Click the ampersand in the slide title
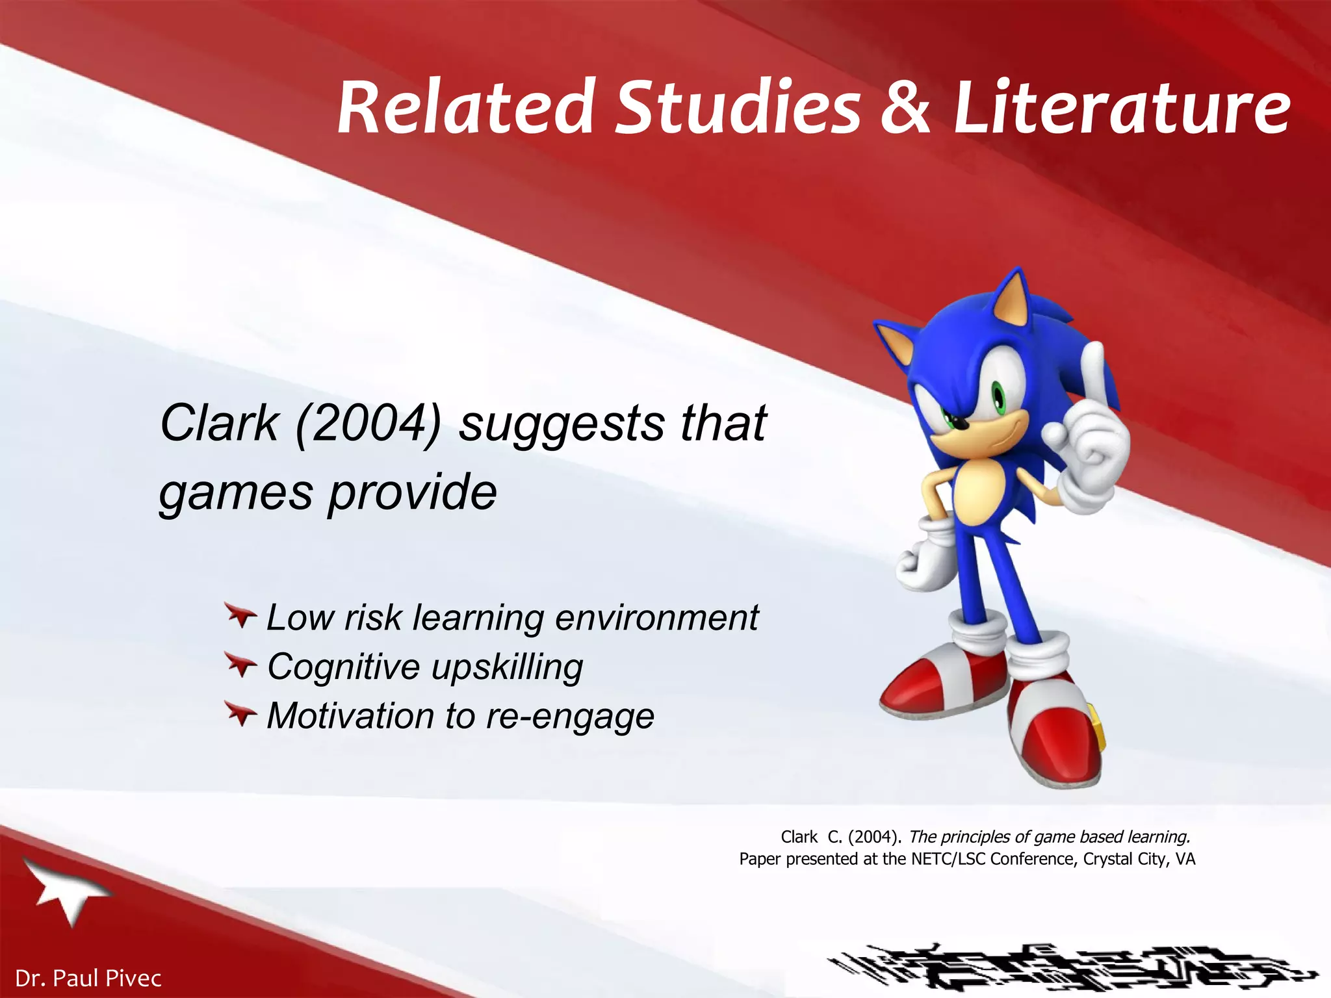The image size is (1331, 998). [x=906, y=107]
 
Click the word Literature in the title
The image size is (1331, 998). [x=1122, y=107]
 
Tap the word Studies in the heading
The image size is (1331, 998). [x=738, y=107]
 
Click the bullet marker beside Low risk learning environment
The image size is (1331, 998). [x=241, y=615]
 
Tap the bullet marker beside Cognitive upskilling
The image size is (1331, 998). [x=241, y=665]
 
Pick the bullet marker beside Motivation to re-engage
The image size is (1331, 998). [x=241, y=714]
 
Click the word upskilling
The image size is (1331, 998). [x=507, y=667]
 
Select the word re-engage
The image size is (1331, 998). [x=570, y=717]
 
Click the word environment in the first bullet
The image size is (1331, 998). [x=656, y=617]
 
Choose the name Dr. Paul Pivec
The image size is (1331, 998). [x=88, y=978]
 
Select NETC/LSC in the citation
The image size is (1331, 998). [x=948, y=859]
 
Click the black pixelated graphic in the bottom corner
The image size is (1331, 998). [x=1072, y=971]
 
